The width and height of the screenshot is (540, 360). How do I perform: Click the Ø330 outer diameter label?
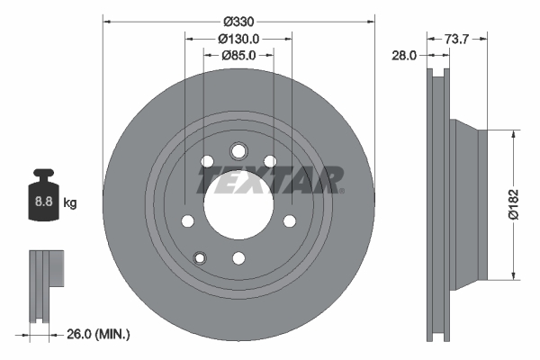pyautogui.click(x=238, y=21)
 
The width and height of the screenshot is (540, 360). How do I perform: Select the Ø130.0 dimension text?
pyautogui.click(x=238, y=39)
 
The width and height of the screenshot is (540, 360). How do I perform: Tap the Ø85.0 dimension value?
pyautogui.click(x=238, y=56)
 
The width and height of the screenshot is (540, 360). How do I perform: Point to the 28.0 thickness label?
pyautogui.click(x=403, y=56)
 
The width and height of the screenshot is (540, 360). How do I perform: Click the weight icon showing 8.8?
pyautogui.click(x=41, y=197)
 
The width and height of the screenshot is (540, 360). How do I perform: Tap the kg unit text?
pyautogui.click(x=69, y=203)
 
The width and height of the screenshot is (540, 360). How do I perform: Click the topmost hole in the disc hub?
pyautogui.click(x=238, y=151)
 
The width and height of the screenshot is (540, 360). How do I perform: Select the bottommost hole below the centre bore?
pyautogui.click(x=238, y=258)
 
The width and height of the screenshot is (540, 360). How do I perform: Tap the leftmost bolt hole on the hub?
pyautogui.click(x=187, y=220)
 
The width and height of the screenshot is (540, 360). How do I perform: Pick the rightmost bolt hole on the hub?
pyautogui.click(x=290, y=220)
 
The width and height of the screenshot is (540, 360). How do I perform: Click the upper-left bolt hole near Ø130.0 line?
pyautogui.click(x=207, y=162)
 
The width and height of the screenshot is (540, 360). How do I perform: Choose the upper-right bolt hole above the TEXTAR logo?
pyautogui.click(x=270, y=162)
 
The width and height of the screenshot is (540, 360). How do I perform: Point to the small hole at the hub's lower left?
pyautogui.click(x=200, y=258)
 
